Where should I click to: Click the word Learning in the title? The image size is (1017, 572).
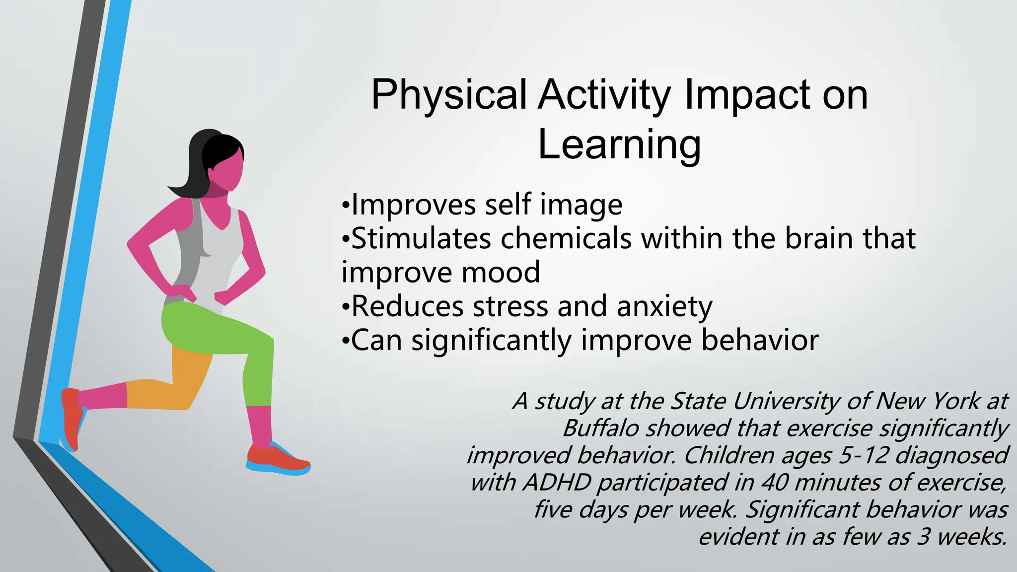coord(619,145)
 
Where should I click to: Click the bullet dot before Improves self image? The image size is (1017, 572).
coord(346,206)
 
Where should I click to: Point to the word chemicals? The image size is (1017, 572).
coord(566,238)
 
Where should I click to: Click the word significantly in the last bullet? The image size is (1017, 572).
coord(491,341)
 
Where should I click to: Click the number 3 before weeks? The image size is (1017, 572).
coord(923,537)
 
